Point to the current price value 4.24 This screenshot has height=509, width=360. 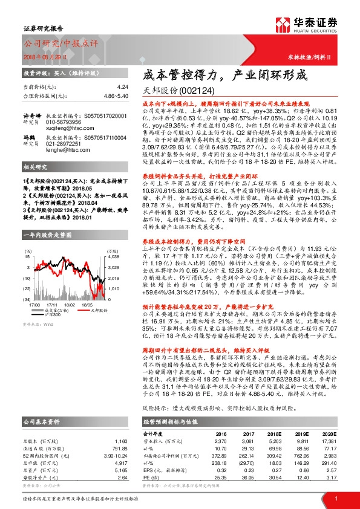[123, 87]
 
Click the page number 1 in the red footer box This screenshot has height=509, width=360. [336, 498]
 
